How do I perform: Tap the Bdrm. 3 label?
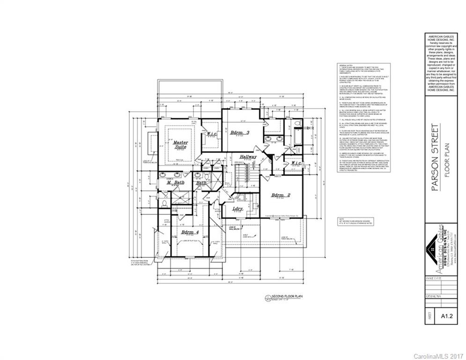(x=239, y=133)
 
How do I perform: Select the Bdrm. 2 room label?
(x=281, y=195)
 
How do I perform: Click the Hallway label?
(x=248, y=157)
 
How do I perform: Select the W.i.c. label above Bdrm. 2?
(x=296, y=163)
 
